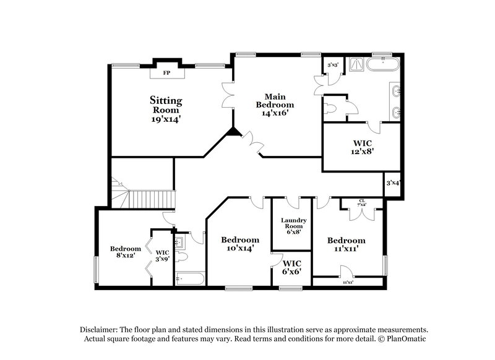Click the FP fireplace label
(166, 73)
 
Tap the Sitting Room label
(166, 109)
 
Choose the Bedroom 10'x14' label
(239, 244)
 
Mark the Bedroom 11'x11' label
(346, 244)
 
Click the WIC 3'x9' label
(162, 255)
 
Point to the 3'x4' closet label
(392, 183)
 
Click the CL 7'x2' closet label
(362, 203)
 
